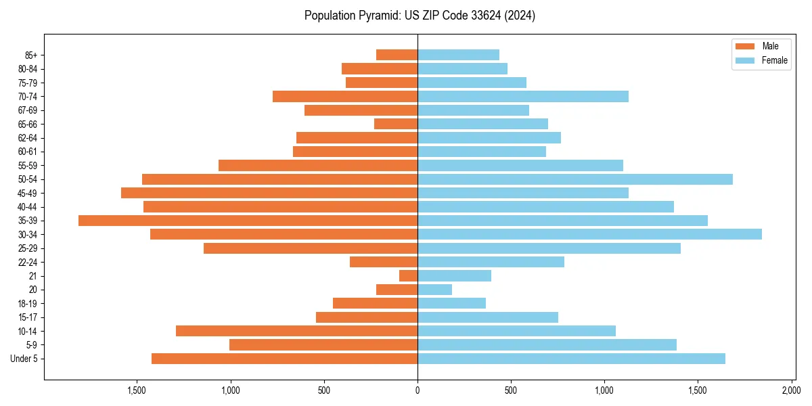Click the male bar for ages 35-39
[248, 221]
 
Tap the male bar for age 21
[409, 276]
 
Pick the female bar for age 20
[434, 290]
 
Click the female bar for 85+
[458, 55]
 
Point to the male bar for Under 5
[284, 359]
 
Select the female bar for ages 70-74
[522, 96]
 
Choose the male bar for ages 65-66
[396, 124]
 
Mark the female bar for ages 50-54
[574, 179]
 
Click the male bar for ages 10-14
[296, 331]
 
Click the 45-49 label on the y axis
[28, 193]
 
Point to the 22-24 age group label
[28, 262]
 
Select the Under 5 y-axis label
[24, 359]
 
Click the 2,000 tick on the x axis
[792, 390]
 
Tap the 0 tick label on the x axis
[418, 390]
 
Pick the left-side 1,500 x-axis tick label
[137, 390]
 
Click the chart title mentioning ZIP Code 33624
[420, 16]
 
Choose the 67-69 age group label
[28, 110]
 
